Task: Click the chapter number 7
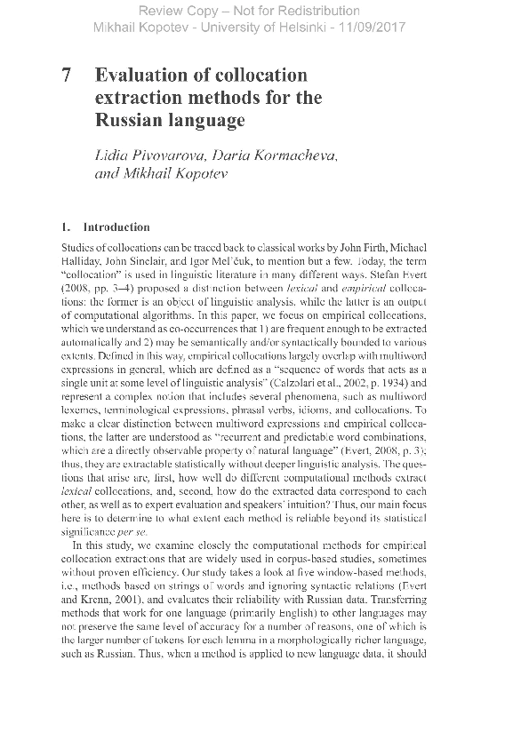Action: point(67,76)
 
